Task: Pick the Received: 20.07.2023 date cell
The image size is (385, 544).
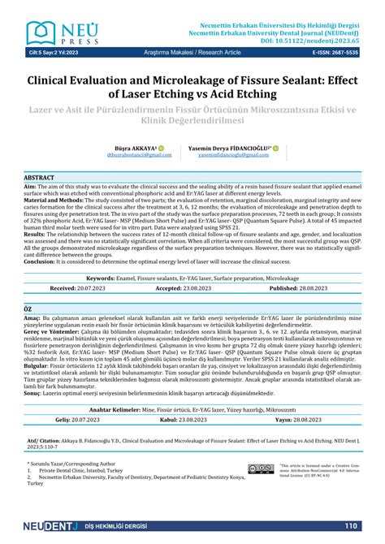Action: [x=81, y=265]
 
